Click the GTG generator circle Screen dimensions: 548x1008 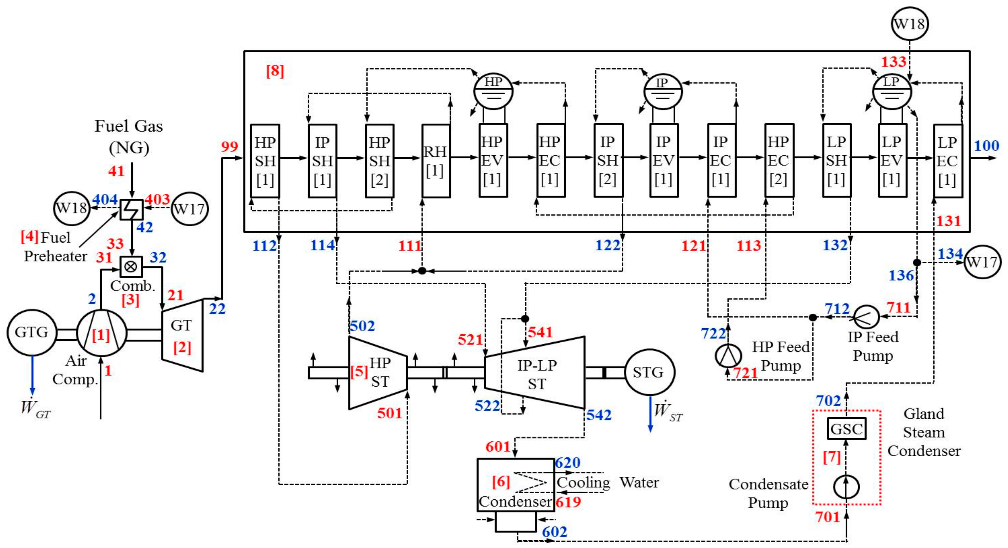coord(32,333)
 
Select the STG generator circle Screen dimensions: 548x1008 coord(649,372)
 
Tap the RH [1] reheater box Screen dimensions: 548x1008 coord(436,161)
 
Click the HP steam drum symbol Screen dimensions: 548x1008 coord(493,91)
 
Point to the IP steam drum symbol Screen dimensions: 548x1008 coord(663,92)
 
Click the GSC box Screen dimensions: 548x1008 coord(846,429)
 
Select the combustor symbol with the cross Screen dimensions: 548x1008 coord(131,267)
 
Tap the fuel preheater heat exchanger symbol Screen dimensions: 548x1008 coord(131,209)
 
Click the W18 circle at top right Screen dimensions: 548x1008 coord(909,24)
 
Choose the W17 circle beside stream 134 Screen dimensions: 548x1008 coord(982,262)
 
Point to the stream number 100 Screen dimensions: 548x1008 coord(986,146)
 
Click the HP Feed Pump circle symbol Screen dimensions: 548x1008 coord(728,356)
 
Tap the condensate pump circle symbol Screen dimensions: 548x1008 coord(846,487)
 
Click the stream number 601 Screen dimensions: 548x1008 coord(498,447)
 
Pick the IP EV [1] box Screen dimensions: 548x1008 coord(664,160)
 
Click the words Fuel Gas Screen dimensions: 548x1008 coord(129,126)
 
